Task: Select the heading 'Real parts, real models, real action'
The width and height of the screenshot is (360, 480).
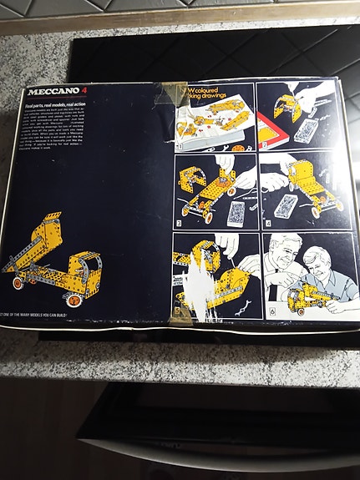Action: point(59,104)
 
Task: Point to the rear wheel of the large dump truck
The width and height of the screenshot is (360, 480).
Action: point(18,283)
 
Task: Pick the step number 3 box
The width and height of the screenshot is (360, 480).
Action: point(179,225)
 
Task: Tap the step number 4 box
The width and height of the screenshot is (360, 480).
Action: point(265,223)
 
